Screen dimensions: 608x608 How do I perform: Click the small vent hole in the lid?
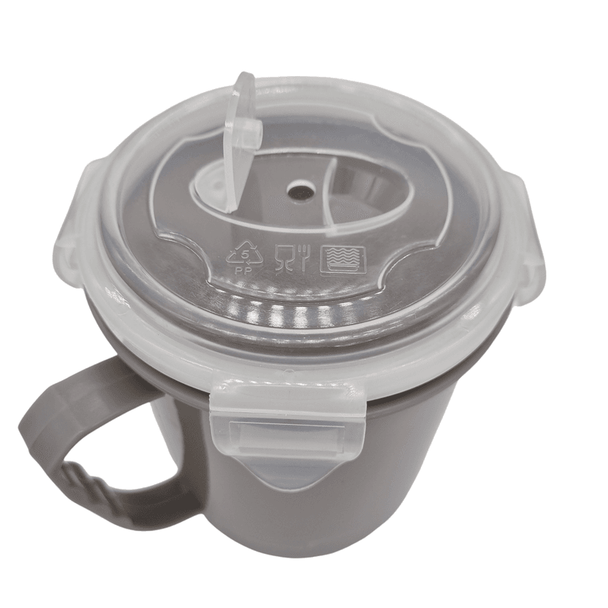[x=301, y=192]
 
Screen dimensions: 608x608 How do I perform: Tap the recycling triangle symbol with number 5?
[x=245, y=251]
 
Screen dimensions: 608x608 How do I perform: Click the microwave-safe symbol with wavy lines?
[x=344, y=260]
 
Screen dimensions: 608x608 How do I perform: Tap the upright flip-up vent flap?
[x=242, y=141]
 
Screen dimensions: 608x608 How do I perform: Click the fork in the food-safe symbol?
[x=302, y=258]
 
